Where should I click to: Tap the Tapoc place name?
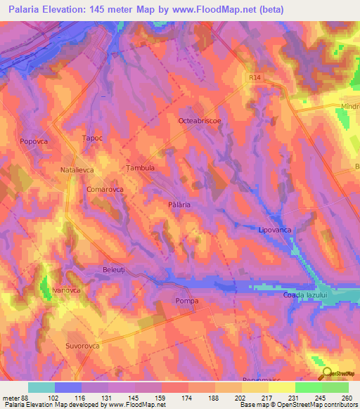click(93, 138)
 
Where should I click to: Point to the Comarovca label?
click(105, 190)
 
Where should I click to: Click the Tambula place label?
click(139, 169)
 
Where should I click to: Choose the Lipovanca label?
click(275, 230)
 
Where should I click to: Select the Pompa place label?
click(187, 301)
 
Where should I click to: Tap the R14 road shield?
click(255, 79)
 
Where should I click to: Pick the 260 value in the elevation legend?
click(347, 397)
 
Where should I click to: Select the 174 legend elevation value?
click(170, 397)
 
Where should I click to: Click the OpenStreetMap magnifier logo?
click(326, 374)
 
